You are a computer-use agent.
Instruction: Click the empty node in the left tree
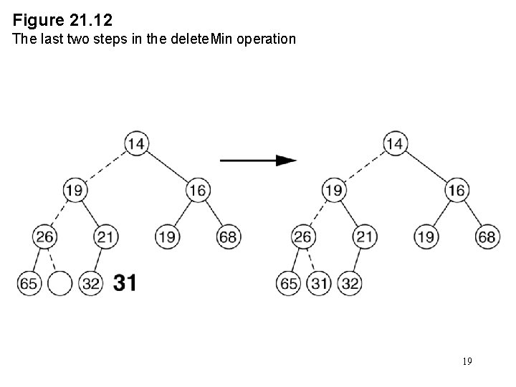(x=60, y=283)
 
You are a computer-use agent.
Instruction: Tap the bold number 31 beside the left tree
(x=125, y=283)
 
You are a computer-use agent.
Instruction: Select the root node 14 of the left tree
(x=135, y=143)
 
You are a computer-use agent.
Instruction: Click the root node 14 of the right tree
(x=394, y=143)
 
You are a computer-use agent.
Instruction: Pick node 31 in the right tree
(x=319, y=283)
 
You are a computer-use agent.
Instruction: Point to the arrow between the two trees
(x=258, y=161)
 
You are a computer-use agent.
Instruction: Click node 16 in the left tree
(x=198, y=190)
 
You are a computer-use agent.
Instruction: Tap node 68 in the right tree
(x=487, y=236)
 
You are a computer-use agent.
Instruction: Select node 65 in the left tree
(x=29, y=283)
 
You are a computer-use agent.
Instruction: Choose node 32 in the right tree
(x=350, y=283)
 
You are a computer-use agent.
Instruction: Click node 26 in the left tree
(x=44, y=236)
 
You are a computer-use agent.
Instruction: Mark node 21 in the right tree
(x=365, y=236)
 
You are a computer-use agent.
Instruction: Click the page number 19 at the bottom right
(x=467, y=361)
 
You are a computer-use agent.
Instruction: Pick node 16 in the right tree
(x=457, y=190)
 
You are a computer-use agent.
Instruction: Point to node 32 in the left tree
(x=91, y=283)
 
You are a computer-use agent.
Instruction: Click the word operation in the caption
(x=265, y=39)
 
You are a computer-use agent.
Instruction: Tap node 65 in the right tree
(x=288, y=283)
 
